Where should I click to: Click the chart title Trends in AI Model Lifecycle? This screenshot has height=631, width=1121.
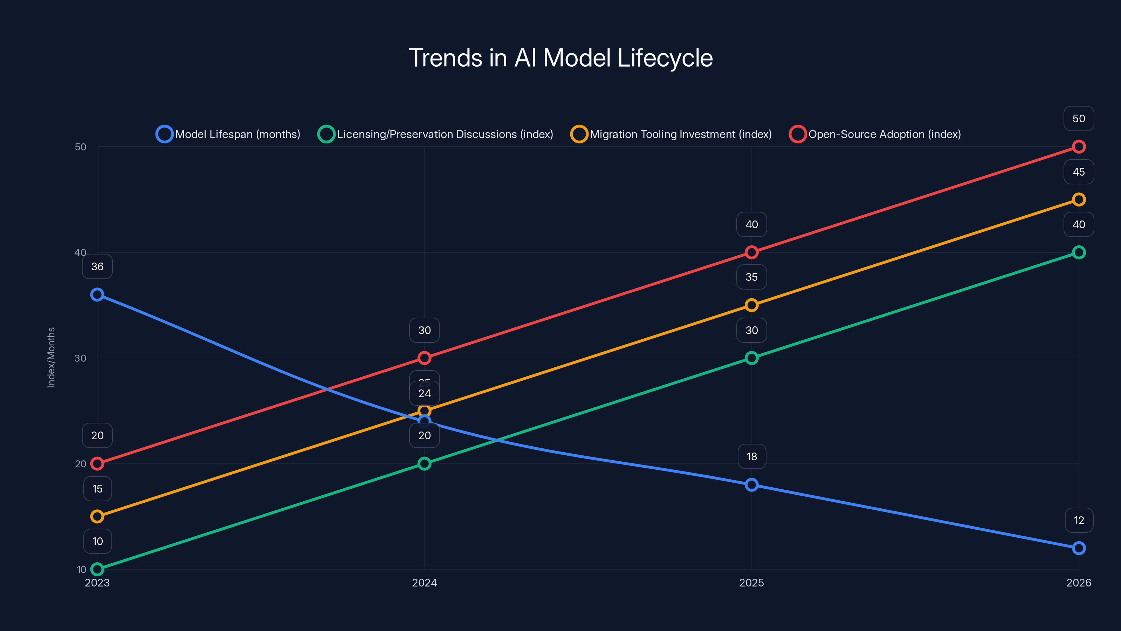560,58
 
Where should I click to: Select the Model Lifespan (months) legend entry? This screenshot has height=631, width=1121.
228,134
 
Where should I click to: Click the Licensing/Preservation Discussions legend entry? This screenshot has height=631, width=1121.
435,134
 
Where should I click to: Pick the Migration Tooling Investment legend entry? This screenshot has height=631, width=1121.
672,134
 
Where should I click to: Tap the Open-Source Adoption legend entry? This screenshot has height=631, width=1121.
875,134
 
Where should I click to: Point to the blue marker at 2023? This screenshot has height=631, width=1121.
97,295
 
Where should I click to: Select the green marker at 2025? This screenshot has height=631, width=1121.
751,358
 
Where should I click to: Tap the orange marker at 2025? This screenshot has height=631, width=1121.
751,305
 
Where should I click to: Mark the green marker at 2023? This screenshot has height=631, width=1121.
97,569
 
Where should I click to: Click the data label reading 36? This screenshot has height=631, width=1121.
97,266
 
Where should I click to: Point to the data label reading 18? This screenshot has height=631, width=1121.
751,456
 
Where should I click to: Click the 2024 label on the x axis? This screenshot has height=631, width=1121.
424,583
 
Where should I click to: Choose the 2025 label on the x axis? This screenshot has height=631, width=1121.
751,583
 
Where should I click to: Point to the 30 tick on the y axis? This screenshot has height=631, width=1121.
81,358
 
